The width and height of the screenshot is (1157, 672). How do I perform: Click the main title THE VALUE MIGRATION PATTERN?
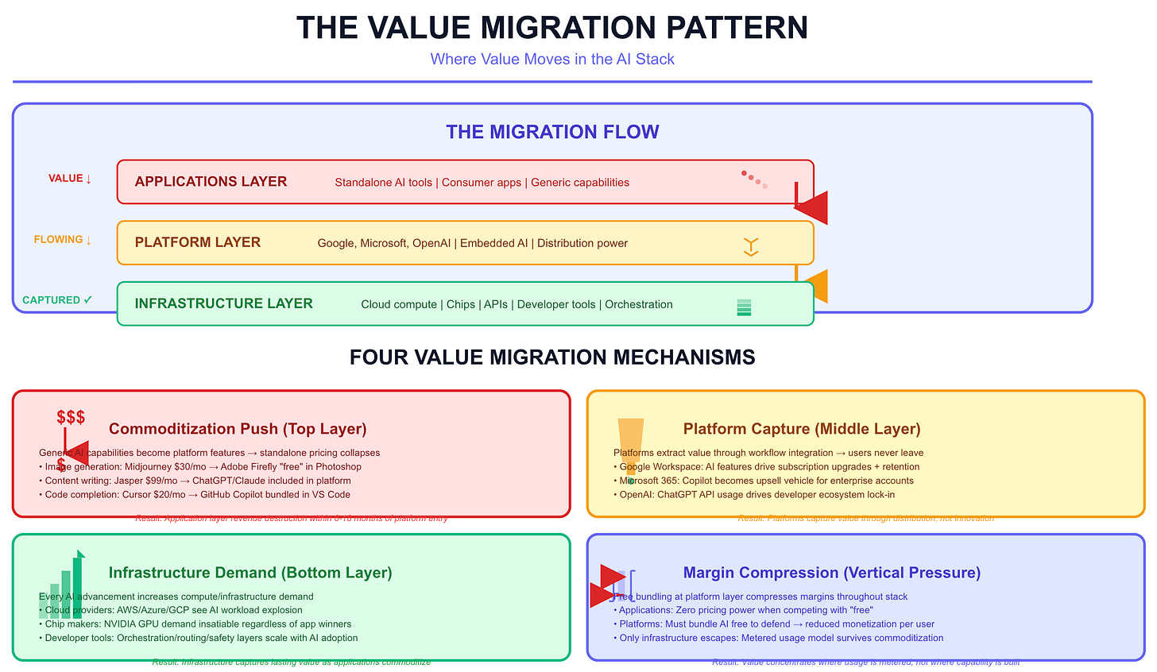pos(552,28)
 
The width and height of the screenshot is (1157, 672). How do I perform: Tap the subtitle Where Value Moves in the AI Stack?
pos(552,60)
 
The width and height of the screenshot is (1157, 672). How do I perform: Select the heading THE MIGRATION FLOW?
pos(552,132)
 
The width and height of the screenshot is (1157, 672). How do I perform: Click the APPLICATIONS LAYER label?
pos(211,182)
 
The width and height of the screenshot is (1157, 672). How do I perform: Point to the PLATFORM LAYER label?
pos(198,243)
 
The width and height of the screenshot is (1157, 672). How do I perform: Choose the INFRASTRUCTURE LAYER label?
pos(223,303)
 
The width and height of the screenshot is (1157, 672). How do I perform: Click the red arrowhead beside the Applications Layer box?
pos(812,208)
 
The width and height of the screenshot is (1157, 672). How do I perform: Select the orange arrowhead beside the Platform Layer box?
pos(817,286)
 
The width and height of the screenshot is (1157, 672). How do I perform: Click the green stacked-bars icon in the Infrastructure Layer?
pos(744,307)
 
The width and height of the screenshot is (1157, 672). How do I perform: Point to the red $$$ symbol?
pos(71,418)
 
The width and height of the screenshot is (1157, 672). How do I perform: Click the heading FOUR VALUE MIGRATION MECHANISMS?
pos(552,357)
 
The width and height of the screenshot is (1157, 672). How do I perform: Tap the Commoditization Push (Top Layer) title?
pos(238,429)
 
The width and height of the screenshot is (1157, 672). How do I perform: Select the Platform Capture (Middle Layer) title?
pos(802,429)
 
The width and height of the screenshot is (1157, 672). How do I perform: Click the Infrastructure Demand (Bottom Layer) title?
pos(250,573)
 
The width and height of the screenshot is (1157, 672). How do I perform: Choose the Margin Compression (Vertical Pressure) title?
pos(831,573)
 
